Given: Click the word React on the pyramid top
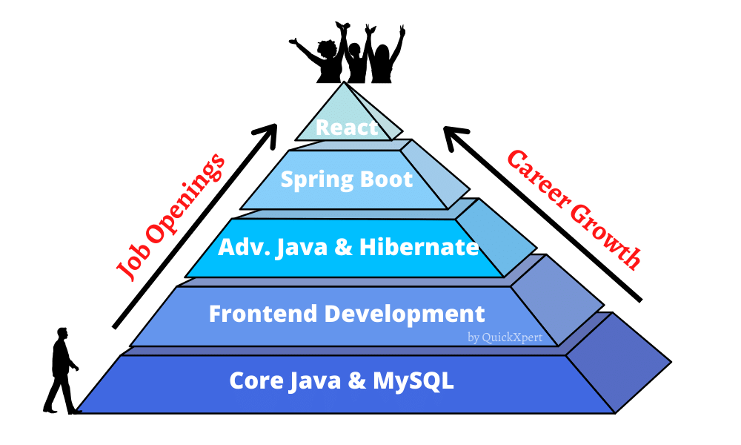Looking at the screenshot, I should pyautogui.click(x=346, y=127).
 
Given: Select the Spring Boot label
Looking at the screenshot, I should pyautogui.click(x=346, y=179).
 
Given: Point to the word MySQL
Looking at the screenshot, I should pyautogui.click(x=413, y=381).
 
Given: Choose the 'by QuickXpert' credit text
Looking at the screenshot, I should pyautogui.click(x=505, y=337).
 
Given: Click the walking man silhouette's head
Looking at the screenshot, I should pyautogui.click(x=62, y=334).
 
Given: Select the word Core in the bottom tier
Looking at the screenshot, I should pyautogui.click(x=256, y=381).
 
